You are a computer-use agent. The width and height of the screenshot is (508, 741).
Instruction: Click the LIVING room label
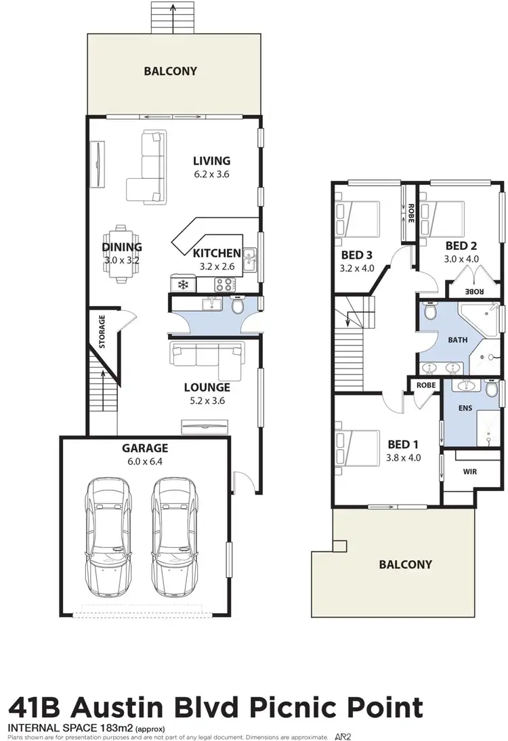pyautogui.click(x=211, y=161)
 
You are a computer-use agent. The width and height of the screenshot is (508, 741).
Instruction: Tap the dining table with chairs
pyautogui.click(x=123, y=250)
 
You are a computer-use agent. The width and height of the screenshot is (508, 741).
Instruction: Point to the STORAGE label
pyautogui.click(x=102, y=331)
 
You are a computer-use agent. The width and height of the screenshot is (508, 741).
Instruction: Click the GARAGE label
pyautogui.click(x=145, y=448)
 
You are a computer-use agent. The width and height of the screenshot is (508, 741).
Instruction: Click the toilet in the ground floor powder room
pyautogui.click(x=238, y=306)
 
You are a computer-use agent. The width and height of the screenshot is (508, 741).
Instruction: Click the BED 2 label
pyautogui.click(x=462, y=247)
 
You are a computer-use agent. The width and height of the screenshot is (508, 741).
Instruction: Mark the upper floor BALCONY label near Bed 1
pyautogui.click(x=405, y=564)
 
